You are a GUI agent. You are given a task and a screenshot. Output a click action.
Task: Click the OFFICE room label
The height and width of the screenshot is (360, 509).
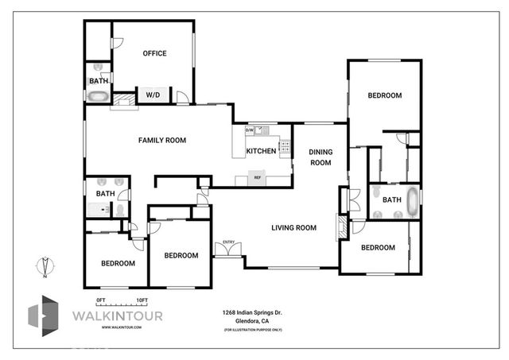[x=154, y=54]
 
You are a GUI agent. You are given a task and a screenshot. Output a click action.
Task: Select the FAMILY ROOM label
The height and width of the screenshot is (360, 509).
[x=162, y=141]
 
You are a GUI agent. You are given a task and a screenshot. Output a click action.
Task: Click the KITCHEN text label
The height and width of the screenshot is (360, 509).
[x=261, y=151]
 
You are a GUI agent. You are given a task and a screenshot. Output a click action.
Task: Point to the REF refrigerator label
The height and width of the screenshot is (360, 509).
[x=258, y=177]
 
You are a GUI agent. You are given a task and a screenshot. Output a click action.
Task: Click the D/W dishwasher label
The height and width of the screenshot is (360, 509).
[x=249, y=130]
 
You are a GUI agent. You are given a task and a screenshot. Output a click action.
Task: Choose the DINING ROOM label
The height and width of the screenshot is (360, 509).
[x=320, y=157]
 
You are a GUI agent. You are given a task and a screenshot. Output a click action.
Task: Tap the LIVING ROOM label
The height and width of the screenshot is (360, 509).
[x=293, y=228]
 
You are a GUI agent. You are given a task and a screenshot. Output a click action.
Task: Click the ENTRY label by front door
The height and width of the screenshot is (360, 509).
[x=229, y=242]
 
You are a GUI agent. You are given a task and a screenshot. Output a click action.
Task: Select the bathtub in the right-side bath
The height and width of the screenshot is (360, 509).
[x=412, y=202]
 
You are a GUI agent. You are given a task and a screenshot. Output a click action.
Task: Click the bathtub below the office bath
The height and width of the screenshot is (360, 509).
[x=98, y=96]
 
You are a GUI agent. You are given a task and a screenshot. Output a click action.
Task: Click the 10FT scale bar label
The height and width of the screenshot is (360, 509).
[x=142, y=299]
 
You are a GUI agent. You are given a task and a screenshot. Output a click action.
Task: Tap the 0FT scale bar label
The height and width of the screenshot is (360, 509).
[x=100, y=299]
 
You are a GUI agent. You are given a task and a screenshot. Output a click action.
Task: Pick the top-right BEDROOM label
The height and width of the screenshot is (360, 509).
[x=384, y=95]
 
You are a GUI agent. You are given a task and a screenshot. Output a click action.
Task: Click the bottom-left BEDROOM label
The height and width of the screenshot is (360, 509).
[x=117, y=263]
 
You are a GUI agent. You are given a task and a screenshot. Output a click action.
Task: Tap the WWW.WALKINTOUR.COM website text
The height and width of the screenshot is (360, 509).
[x=103, y=327]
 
